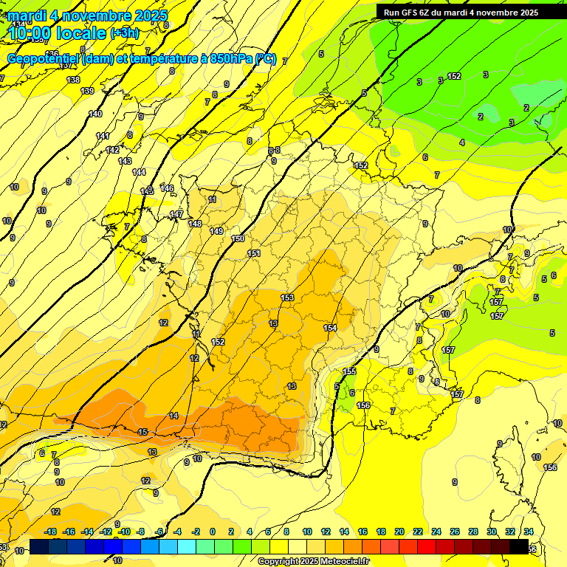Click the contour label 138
73,80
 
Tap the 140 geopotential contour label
95,114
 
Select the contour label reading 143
125,161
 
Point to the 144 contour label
139,172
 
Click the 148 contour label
195,224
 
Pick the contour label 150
238,238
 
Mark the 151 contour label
254,253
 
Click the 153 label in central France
287,298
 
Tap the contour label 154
330,327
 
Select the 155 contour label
349,371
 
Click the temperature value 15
142,432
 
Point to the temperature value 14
173,416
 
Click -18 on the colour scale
50,532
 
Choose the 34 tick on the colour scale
529,532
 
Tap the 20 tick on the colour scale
399,532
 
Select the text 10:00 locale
58,33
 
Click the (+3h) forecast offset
128,33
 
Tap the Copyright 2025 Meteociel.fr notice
313,562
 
